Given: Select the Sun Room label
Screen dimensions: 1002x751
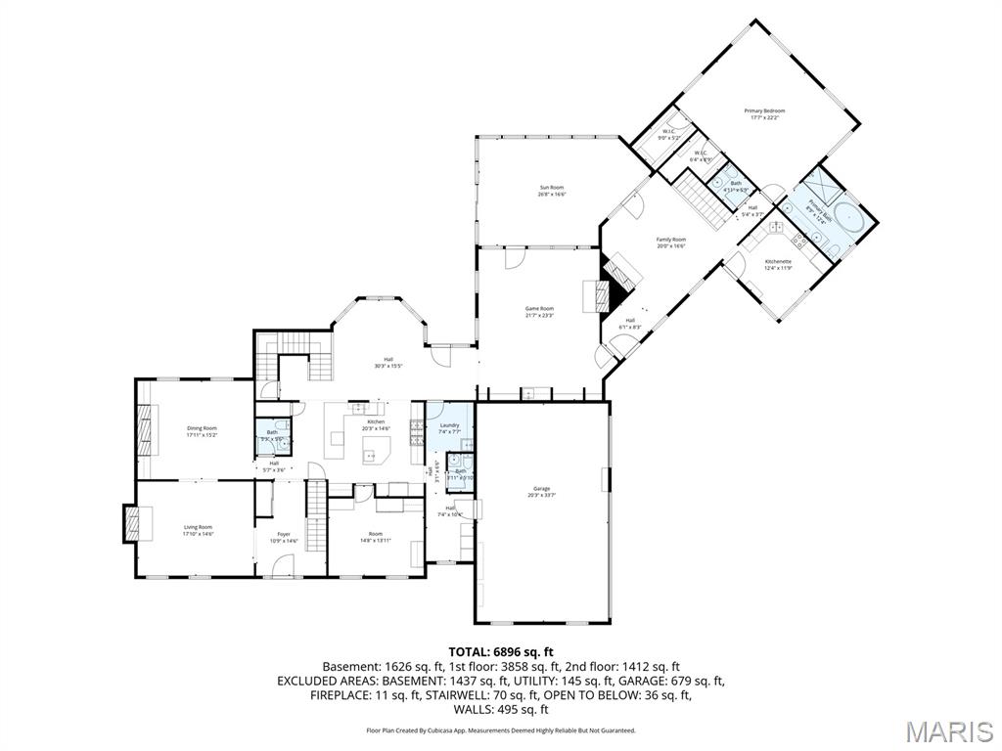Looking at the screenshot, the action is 552,187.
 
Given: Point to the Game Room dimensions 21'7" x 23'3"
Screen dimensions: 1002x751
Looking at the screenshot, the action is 540,316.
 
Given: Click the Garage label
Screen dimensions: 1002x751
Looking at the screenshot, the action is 541,488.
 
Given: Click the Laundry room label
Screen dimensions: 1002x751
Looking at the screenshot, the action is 449,425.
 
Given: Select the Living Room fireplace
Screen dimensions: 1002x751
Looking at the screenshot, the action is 131,521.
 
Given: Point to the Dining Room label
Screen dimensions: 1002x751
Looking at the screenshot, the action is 202,428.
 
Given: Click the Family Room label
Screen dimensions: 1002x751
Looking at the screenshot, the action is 670,240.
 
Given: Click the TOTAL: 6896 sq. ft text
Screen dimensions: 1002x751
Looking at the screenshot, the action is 501,651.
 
